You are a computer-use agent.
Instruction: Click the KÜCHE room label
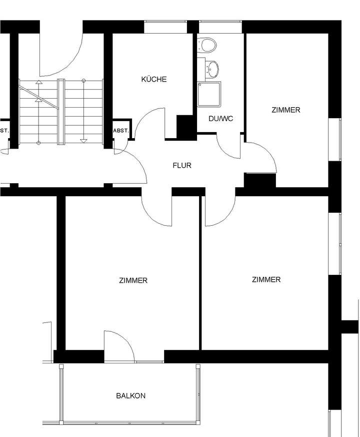[153, 79]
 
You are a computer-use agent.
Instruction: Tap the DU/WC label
[220, 119]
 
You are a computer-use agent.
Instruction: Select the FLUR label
[182, 165]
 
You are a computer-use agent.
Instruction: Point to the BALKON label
[130, 395]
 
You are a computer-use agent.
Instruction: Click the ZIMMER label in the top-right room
[286, 110]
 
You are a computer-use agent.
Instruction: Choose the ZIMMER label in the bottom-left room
[133, 280]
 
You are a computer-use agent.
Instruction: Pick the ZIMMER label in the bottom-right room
[266, 279]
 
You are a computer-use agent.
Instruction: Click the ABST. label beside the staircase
[121, 131]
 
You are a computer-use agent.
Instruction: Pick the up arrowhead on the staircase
[38, 83]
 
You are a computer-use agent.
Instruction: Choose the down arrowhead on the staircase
[83, 141]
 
